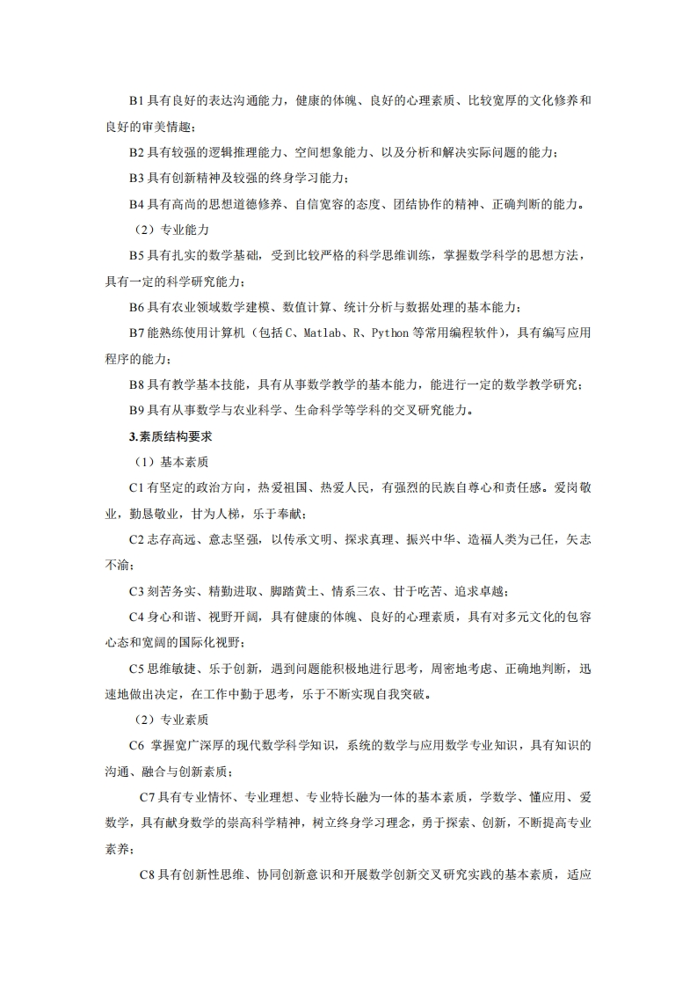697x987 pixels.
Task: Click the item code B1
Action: coord(136,101)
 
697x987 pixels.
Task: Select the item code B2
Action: coord(136,153)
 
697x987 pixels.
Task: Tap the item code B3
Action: coord(136,179)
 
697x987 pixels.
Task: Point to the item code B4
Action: coord(136,204)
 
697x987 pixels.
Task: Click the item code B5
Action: coord(136,256)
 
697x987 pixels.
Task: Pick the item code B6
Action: coord(136,307)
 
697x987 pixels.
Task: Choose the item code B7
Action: coord(136,333)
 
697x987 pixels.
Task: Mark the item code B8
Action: coord(136,384)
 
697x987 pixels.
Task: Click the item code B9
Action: coord(136,410)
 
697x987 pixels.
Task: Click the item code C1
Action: coord(136,487)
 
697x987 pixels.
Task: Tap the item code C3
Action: coord(136,590)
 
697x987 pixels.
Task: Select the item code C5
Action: coord(136,668)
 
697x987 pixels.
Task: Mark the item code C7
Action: coord(148,797)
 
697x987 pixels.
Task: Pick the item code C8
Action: coord(148,874)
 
